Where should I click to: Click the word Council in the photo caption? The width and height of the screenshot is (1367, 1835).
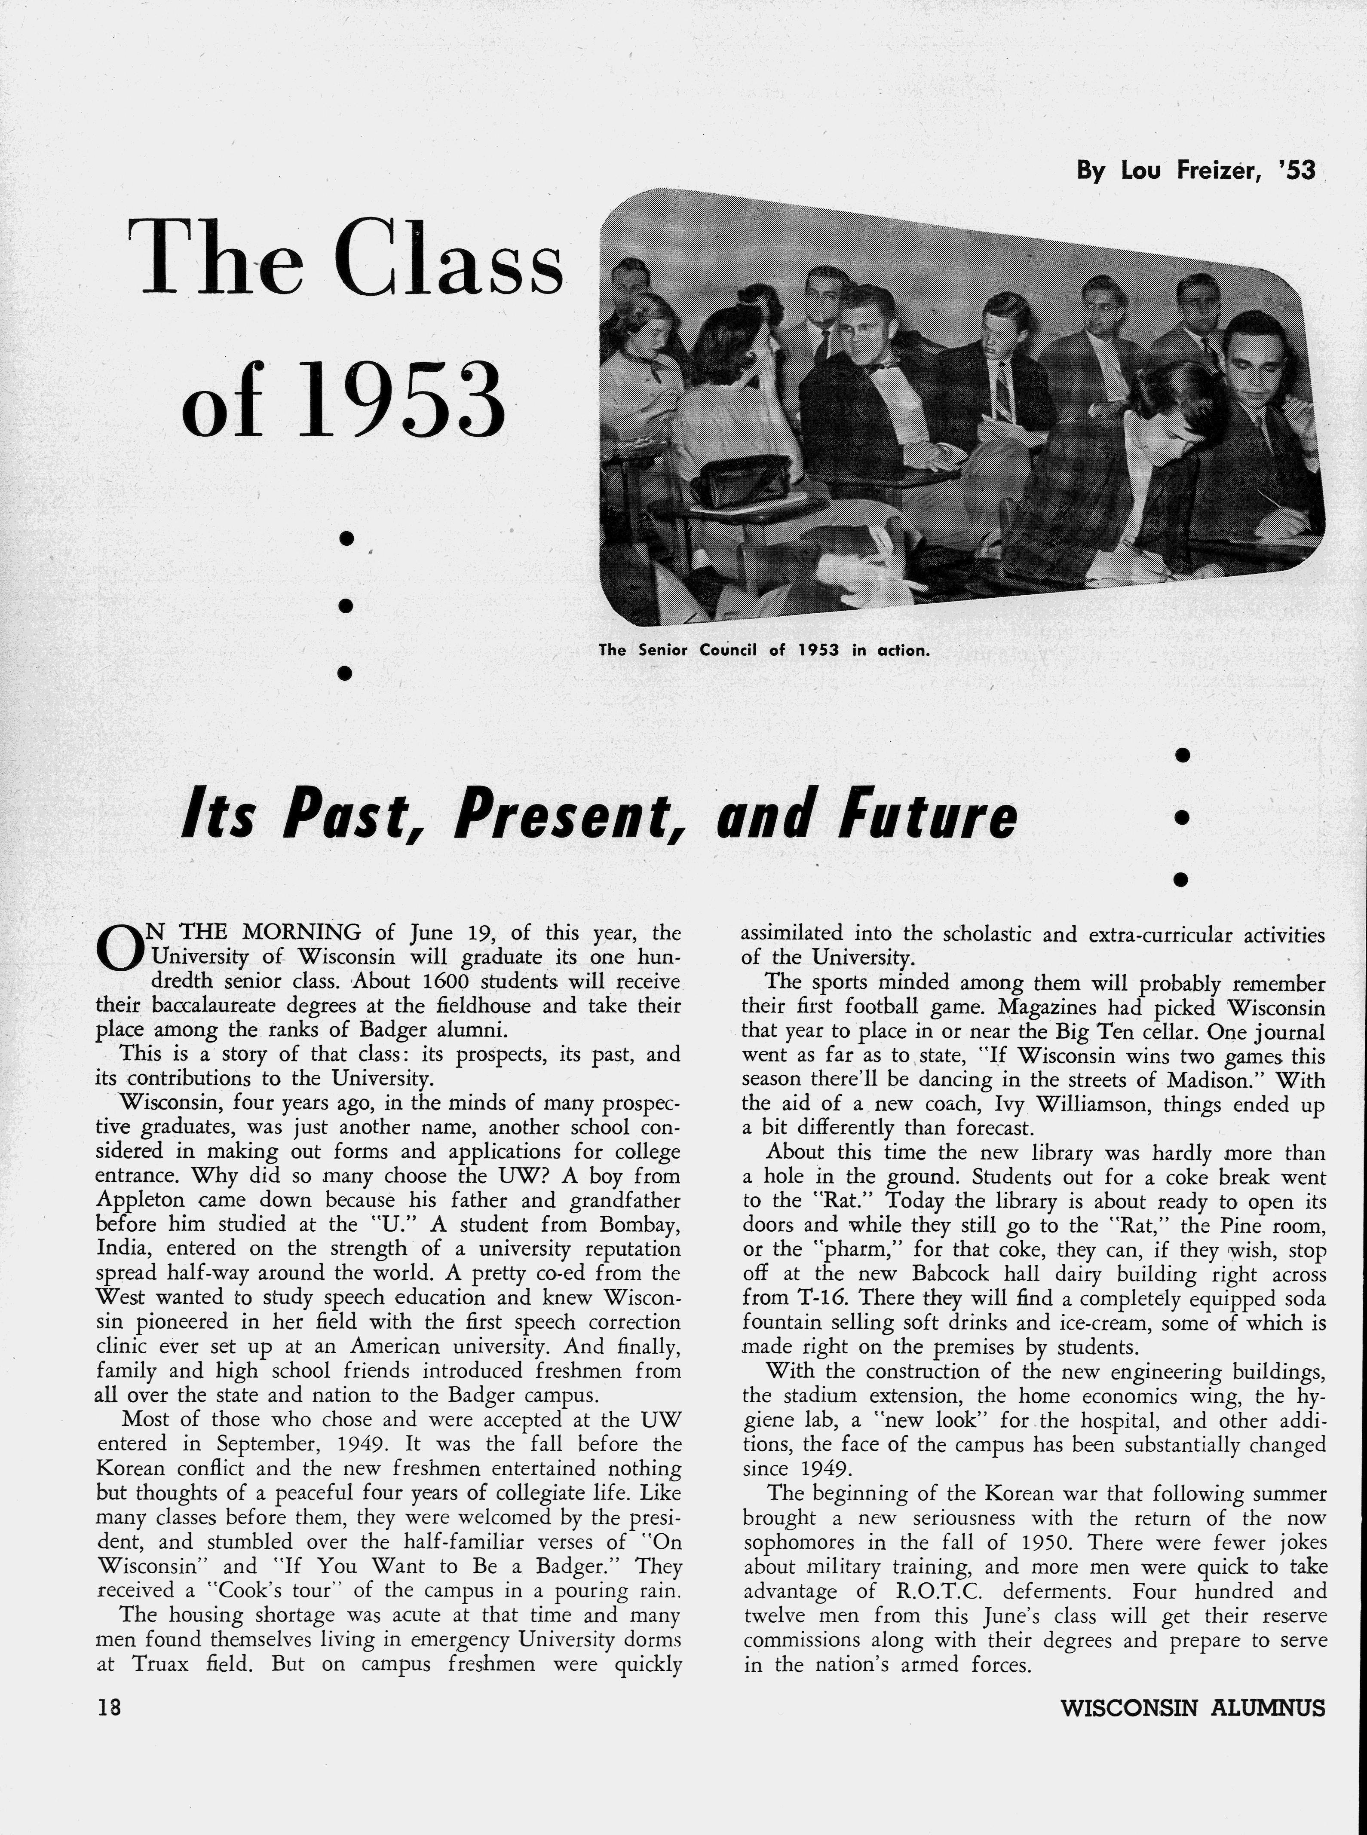pos(728,650)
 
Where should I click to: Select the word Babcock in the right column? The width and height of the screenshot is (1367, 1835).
pos(951,1275)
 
